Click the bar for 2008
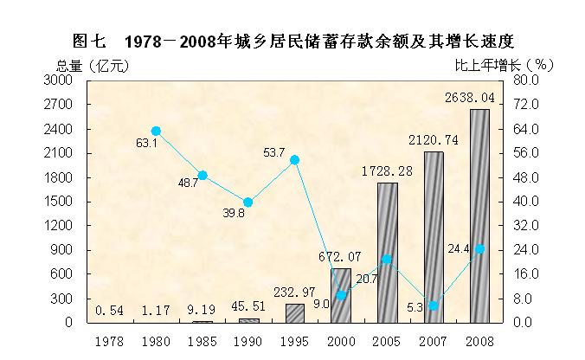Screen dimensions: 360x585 [x=479, y=216]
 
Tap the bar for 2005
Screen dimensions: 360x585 [x=387, y=253]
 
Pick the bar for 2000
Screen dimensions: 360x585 [x=341, y=295]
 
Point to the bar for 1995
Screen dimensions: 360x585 [x=294, y=312]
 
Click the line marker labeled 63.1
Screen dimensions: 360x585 [x=156, y=132]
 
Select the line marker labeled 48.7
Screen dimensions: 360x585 [x=202, y=175]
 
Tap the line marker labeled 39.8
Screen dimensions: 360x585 [x=248, y=202]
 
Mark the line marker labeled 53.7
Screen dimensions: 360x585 [x=294, y=160]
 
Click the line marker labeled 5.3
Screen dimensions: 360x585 [x=434, y=305]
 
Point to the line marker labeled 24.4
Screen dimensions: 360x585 [x=479, y=249]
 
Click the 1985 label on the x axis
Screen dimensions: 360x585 [x=202, y=341]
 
